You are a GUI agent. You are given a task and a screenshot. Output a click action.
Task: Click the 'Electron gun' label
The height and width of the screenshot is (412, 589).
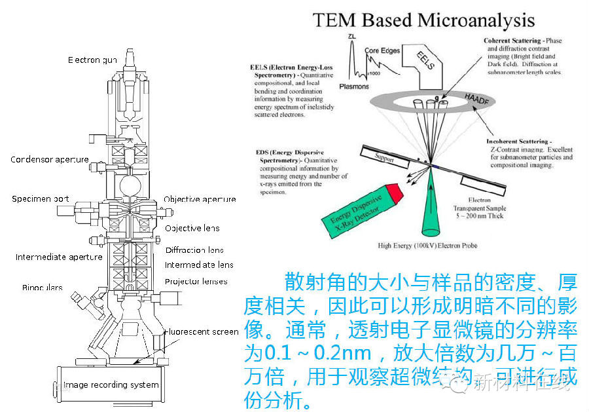point(92,60)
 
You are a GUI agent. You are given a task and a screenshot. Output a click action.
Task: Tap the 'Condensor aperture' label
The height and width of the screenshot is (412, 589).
point(50,159)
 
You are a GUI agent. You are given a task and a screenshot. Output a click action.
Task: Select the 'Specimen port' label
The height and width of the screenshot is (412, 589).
point(41,198)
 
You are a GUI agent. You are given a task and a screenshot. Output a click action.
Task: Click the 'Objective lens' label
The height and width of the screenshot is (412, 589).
point(192,228)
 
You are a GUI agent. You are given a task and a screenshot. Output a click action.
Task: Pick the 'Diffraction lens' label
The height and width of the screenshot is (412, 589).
point(194,250)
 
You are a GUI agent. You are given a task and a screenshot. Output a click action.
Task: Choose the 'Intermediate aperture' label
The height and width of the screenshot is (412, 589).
point(59,257)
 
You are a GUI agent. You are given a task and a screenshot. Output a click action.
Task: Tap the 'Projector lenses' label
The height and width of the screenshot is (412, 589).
point(196,281)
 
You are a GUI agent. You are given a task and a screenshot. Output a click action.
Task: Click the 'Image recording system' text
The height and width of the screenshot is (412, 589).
point(112,384)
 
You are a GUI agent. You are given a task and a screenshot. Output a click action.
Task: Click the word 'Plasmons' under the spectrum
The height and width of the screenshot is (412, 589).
point(354,86)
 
